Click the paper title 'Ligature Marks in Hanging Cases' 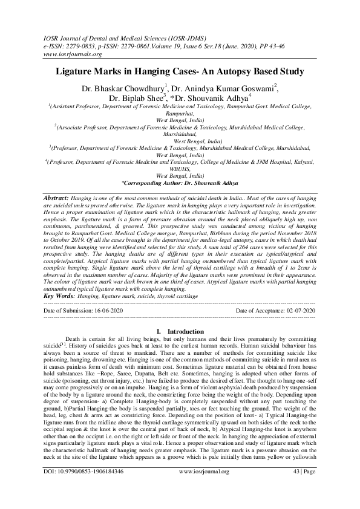pyautogui.click(x=180, y=71)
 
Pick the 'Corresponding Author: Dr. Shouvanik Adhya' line pyautogui.click(x=180, y=182)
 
